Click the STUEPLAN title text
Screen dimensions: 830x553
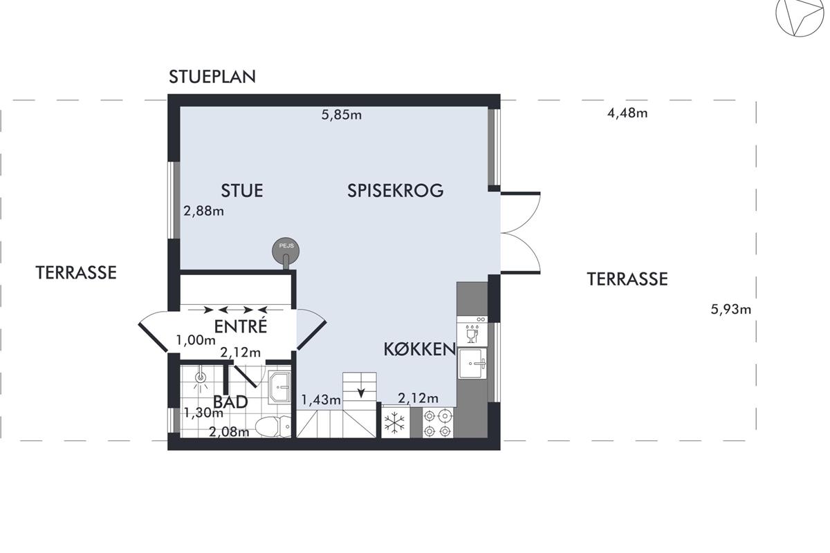212,77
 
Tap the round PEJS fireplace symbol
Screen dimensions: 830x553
286,251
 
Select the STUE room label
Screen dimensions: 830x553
242,191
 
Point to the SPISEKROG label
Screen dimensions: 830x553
396,190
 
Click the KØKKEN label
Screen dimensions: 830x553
419,349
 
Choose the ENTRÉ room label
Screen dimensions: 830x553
241,326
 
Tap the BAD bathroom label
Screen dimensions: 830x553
230,402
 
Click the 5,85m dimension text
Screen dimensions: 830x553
341,115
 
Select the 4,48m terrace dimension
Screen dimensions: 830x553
627,113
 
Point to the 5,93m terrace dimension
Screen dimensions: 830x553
730,309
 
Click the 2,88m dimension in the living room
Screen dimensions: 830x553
203,211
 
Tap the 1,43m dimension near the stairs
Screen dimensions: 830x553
321,400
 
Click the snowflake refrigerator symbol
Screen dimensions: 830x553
395,423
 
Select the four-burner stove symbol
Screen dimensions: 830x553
438,423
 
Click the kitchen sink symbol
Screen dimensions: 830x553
472,364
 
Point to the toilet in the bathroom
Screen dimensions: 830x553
273,426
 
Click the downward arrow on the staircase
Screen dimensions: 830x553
361,392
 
